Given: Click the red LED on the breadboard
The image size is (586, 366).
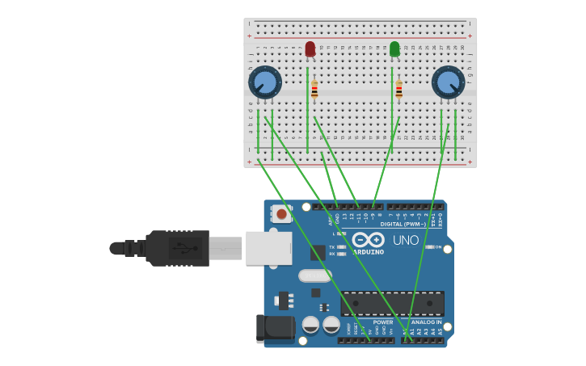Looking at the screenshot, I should tap(310, 49).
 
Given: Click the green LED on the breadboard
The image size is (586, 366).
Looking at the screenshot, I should tap(394, 49).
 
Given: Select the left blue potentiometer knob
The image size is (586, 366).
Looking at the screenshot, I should tap(265, 82).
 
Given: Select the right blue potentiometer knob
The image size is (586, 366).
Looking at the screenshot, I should tap(448, 82).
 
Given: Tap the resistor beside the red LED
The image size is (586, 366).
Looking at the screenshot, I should tap(314, 90).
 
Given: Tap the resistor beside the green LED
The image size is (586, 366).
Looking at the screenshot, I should tap(398, 89).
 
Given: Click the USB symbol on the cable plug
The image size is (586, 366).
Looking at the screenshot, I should tap(185, 248).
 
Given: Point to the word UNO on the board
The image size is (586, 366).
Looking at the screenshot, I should tap(406, 240).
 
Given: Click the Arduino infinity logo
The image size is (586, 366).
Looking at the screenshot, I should tap(368, 240).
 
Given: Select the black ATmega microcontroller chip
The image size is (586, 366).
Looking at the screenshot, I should tap(392, 303).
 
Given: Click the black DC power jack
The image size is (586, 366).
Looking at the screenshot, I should tap(275, 328).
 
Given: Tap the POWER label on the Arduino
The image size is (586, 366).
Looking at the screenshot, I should tap(383, 322).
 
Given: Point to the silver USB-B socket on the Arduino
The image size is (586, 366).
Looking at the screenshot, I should tap(268, 248).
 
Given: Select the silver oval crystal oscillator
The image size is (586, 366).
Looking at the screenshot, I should tap(314, 276).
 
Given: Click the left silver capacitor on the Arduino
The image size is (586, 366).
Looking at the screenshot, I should tap(310, 325).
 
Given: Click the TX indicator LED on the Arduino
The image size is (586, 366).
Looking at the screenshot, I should tap(343, 246).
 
